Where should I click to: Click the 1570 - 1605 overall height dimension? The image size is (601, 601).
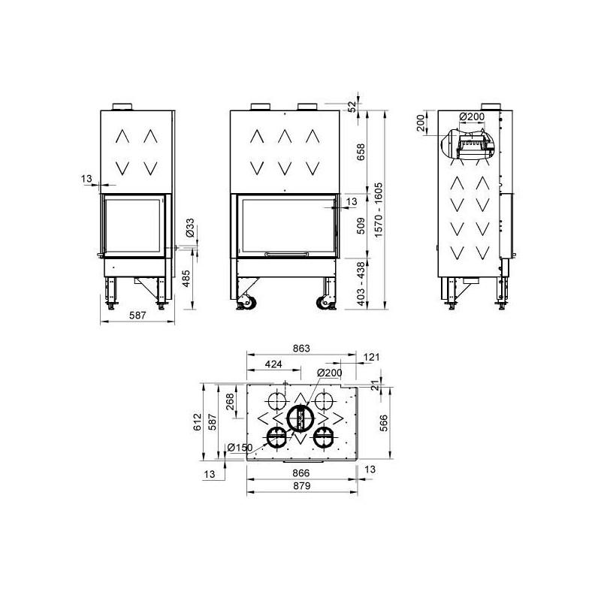coord(379,210)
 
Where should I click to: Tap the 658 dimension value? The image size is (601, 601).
coord(361,153)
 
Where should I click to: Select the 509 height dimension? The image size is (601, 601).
coord(361,226)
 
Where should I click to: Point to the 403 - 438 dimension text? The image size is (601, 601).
coord(361,284)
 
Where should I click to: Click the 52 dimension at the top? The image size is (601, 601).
coord(352,106)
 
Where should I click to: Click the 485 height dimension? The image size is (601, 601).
coord(186,279)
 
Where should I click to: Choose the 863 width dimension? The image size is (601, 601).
coord(301,349)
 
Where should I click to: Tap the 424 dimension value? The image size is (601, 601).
coord(273,364)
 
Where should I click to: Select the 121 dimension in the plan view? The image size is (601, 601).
coord(371,357)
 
